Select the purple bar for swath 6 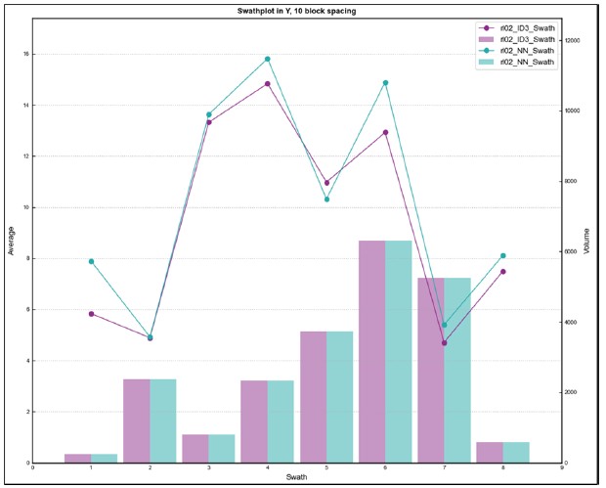point(371,351)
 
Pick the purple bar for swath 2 point(136,421)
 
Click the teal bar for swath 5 point(339,396)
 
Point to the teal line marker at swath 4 point(268,59)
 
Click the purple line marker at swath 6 point(385,132)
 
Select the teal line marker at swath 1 point(91,261)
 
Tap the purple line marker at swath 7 point(444,342)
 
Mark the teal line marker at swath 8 point(502,256)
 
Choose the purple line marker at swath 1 point(91,314)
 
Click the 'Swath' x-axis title point(296,477)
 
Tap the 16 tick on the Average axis point(25,54)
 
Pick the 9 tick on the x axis point(561,468)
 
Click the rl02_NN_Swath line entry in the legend point(528,50)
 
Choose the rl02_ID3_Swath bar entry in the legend point(528,38)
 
